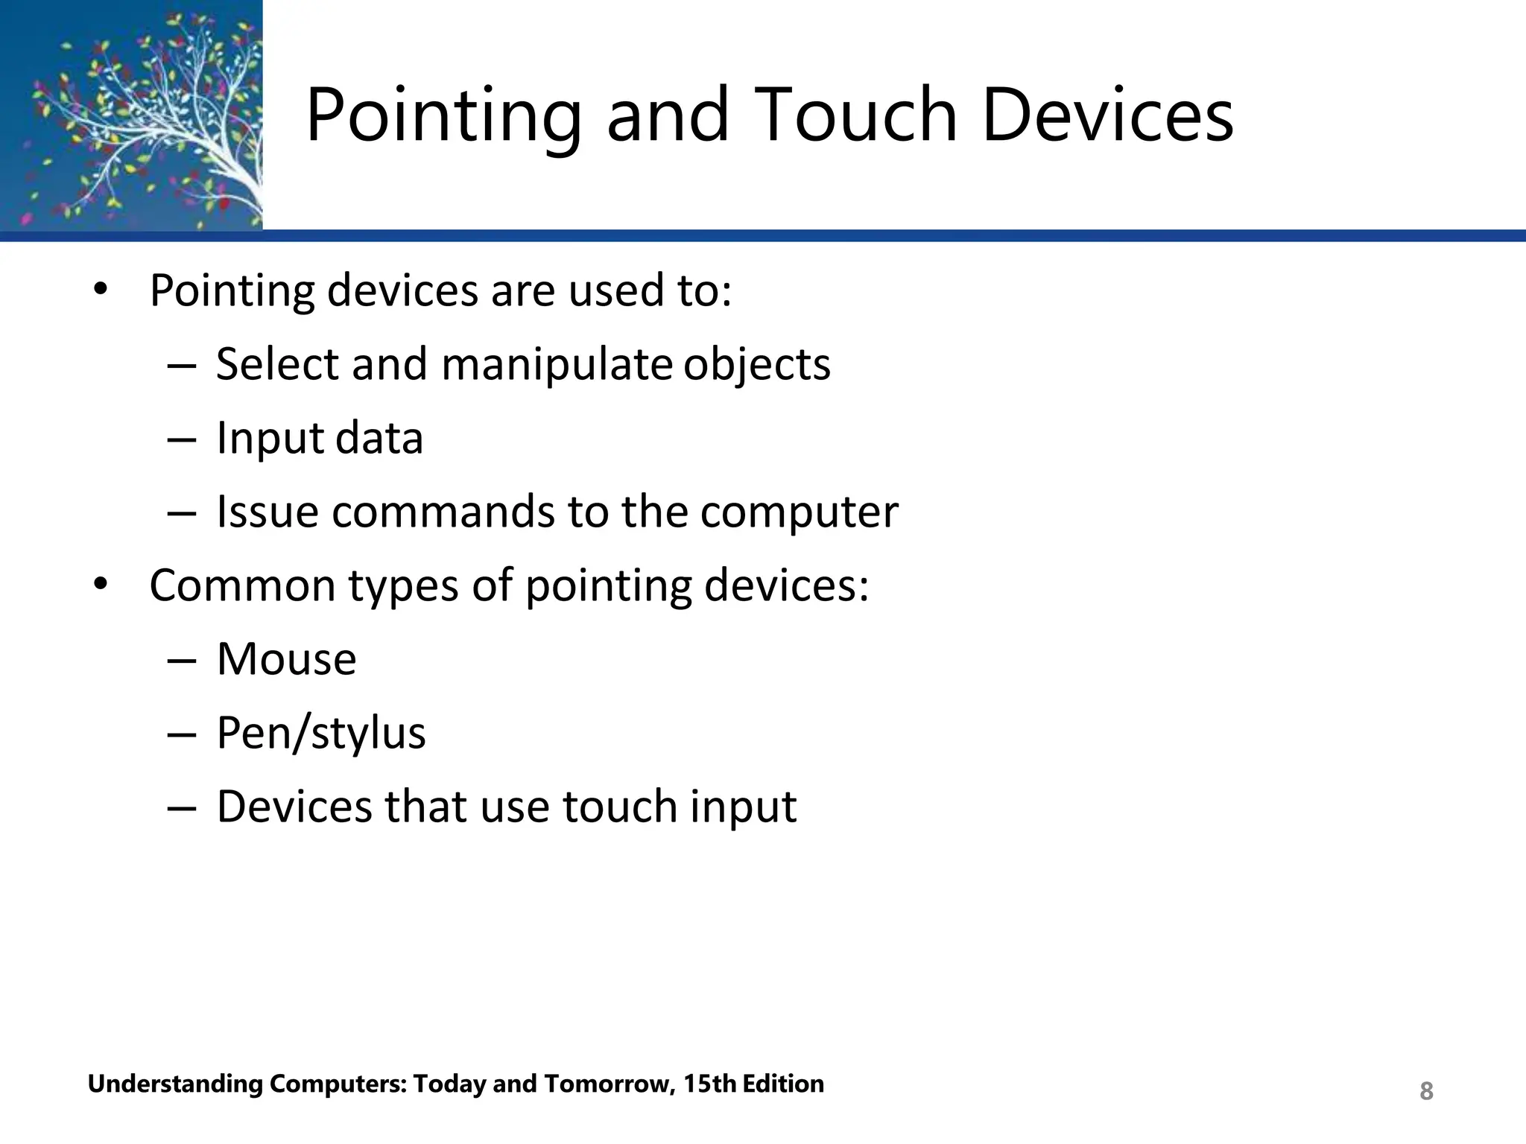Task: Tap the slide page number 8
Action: click(1426, 1091)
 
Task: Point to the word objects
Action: click(756, 365)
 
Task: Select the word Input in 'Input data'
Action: click(270, 439)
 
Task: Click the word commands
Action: click(443, 512)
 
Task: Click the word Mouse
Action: click(286, 660)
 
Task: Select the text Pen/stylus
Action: click(321, 734)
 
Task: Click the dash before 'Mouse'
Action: click(182, 661)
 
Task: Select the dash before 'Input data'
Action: click(182, 439)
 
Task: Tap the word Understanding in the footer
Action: click(174, 1084)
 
